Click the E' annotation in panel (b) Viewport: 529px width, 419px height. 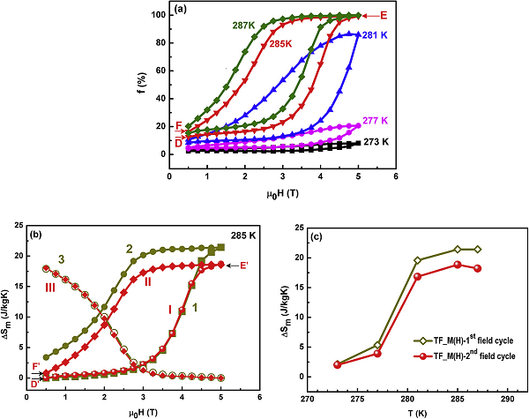pos(242,266)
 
